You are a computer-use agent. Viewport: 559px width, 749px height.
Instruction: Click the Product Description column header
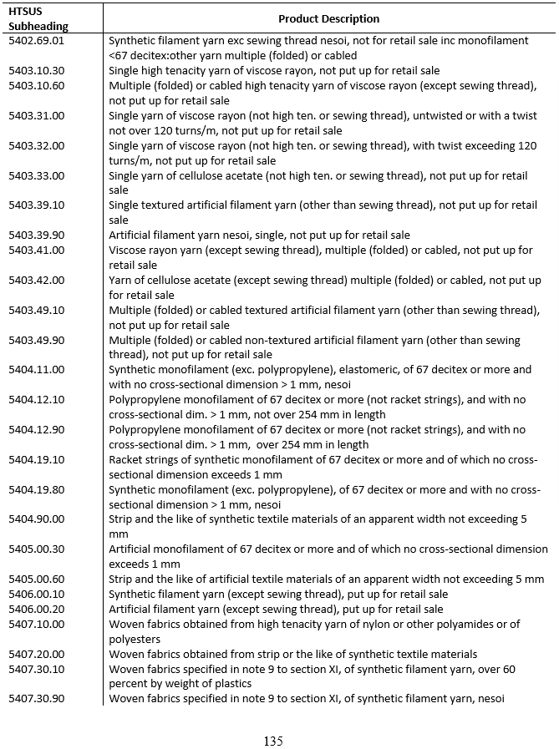tap(328, 18)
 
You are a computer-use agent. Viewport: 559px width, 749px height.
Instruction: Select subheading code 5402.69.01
tap(36, 40)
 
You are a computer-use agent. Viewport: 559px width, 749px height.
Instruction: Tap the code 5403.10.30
tap(36, 71)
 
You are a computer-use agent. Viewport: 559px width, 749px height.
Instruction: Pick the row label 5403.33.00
tap(36, 175)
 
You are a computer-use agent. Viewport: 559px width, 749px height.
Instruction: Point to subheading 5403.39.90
tap(36, 235)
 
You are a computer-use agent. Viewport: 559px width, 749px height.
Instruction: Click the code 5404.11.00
tap(36, 370)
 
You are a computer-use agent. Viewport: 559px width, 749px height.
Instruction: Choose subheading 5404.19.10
tap(36, 460)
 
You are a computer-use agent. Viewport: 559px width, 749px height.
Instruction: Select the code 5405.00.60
tap(36, 579)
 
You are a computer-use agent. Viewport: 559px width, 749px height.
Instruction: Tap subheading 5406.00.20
tap(36, 610)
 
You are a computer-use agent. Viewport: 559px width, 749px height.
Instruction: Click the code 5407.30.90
tap(36, 699)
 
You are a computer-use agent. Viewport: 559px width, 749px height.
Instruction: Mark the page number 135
tap(273, 741)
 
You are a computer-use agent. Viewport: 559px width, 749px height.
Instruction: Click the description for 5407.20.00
tap(292, 655)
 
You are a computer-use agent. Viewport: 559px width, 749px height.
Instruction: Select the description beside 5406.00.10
tap(277, 595)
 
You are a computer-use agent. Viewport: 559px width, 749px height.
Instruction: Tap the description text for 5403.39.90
tap(259, 235)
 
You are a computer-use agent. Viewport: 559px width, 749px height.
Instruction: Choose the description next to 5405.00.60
tap(326, 579)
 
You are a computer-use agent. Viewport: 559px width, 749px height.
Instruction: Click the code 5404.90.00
tap(36, 519)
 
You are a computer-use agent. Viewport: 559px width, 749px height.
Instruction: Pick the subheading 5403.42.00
tap(36, 280)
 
